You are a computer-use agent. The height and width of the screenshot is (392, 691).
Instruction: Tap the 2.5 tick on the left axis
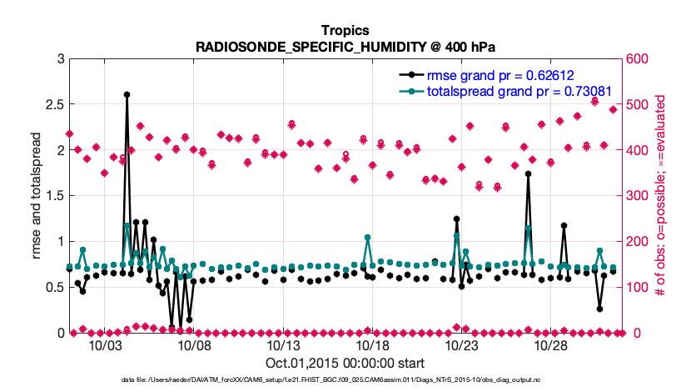pos(53,105)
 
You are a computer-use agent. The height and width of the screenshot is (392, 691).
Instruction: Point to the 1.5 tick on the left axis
pos(53,196)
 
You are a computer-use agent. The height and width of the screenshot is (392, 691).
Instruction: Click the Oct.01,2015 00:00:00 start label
pos(345,364)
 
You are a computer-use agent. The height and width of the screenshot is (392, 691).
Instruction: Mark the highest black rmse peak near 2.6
pos(127,95)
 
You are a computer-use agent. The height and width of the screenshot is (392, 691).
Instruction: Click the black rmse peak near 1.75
pos(528,174)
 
